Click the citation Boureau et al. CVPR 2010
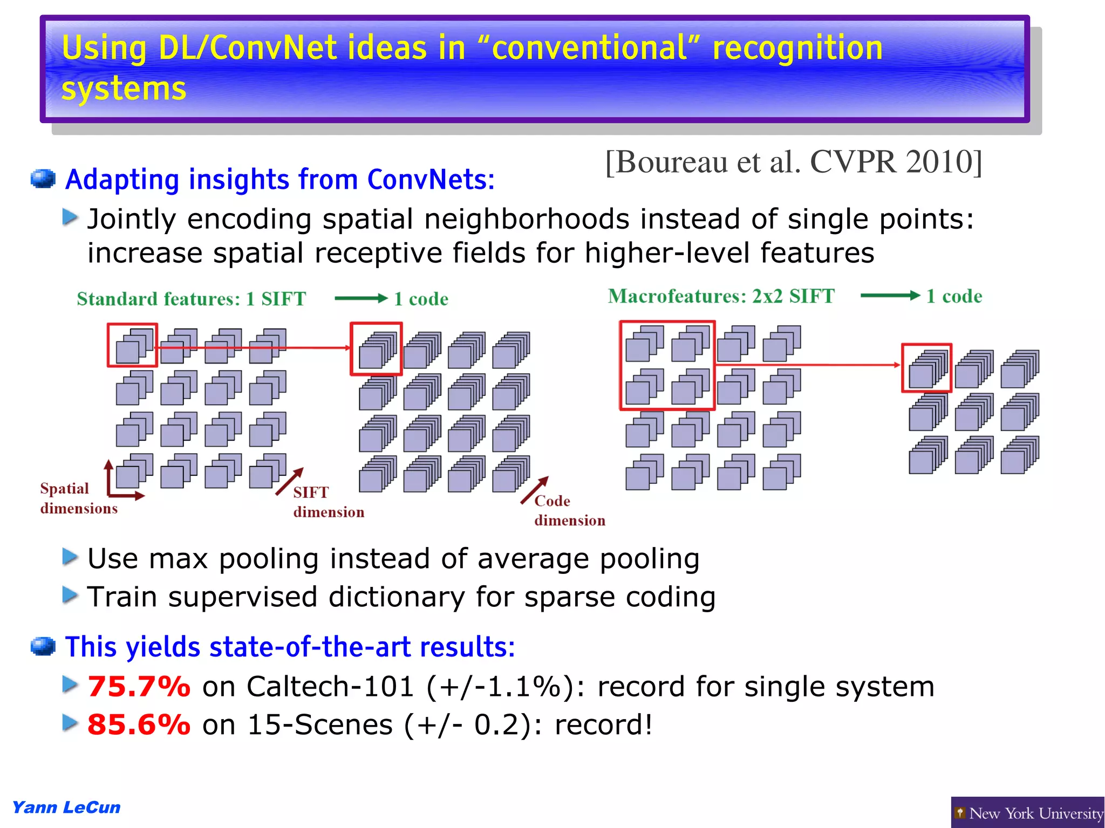pos(793,162)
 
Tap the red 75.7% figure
pos(139,687)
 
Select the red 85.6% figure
pos(139,724)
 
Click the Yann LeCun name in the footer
pos(66,808)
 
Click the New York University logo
pos(1028,813)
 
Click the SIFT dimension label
pos(328,502)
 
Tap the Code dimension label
pos(569,510)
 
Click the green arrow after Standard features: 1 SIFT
pos(360,298)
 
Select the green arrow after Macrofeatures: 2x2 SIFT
pos(889,295)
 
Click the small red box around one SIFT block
pos(132,346)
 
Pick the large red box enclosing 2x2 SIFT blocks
pos(667,366)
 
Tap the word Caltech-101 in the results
pos(330,687)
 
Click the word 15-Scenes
pos(319,724)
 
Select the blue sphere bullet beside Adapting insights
pos(43,179)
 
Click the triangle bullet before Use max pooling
pos(70,557)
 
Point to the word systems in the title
pos(124,88)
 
